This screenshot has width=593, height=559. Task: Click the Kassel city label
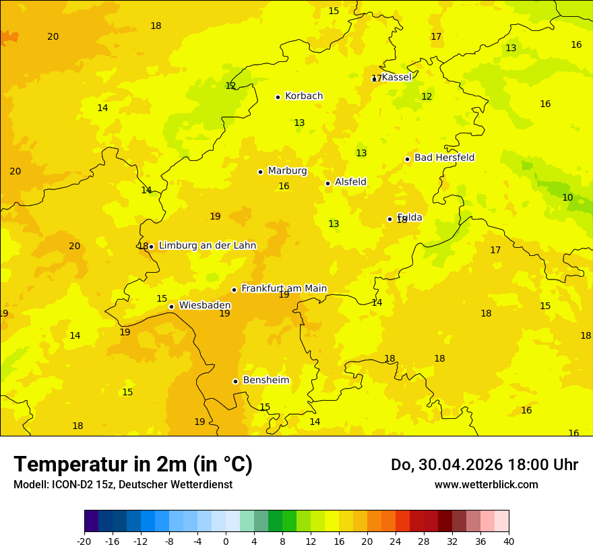pos(396,77)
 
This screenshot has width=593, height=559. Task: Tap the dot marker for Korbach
pos(278,97)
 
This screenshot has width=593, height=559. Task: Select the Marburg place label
pos(287,171)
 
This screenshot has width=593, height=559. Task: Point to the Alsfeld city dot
pos(327,183)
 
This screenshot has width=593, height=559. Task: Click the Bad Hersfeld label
pos(444,158)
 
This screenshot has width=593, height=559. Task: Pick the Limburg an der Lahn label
pos(207,246)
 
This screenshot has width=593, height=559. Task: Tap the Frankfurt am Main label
pos(284,288)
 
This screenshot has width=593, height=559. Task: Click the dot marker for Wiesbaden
pos(172,306)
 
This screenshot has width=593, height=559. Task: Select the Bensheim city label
pos(266,380)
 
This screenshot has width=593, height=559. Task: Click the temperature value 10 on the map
pos(567,197)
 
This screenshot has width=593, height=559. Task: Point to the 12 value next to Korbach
pos(230,86)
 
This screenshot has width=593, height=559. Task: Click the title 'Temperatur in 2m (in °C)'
pos(133,464)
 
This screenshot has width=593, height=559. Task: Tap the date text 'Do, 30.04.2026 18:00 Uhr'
pos(484,465)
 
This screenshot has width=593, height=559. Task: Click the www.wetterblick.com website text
pos(486,485)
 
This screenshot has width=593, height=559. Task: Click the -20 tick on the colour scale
pos(84,541)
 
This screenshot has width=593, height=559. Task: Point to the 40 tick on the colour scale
pos(509,541)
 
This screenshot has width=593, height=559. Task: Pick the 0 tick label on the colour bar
pos(226,541)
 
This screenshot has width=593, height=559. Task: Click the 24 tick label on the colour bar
pos(396,541)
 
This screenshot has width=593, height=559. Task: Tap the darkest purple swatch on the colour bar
pos(91,521)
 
